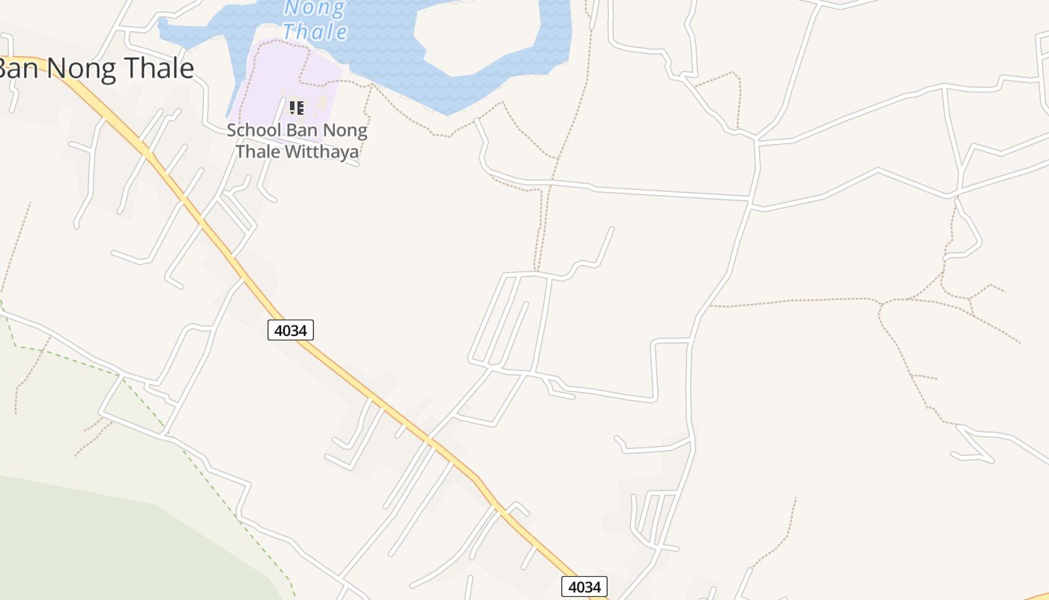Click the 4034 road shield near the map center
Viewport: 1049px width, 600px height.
click(x=291, y=329)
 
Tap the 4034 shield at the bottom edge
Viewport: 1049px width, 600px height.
click(x=584, y=586)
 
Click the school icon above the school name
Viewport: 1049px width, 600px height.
click(x=297, y=108)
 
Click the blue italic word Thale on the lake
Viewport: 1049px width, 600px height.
click(x=315, y=31)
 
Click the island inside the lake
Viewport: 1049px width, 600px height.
click(x=472, y=37)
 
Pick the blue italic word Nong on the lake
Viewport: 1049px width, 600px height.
click(x=315, y=8)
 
